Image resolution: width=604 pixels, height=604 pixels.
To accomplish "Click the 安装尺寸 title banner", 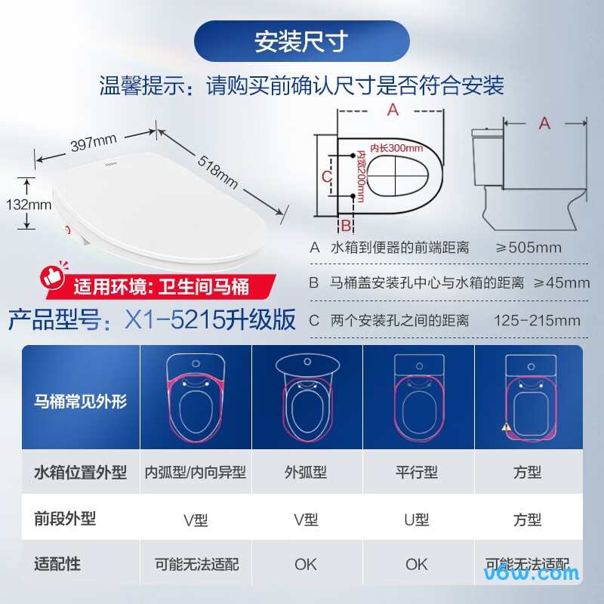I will pyautogui.click(x=302, y=42).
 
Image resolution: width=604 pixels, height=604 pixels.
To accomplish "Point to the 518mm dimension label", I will pyautogui.click(x=218, y=172).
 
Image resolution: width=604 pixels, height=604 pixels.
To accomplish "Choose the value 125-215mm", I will pyautogui.click(x=537, y=320).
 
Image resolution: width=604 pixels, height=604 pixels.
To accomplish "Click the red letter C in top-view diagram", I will pyautogui.click(x=327, y=176).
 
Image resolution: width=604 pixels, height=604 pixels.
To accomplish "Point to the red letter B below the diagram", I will pyautogui.click(x=345, y=225).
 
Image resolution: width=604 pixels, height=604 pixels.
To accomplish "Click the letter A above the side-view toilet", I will pyautogui.click(x=544, y=123).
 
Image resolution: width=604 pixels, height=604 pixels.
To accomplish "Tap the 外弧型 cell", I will pyautogui.click(x=306, y=473).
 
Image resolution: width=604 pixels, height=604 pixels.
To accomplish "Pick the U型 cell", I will pyautogui.click(x=417, y=519).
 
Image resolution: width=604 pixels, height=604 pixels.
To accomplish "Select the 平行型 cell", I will pyautogui.click(x=417, y=473).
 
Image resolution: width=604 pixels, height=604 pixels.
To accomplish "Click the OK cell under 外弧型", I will pyautogui.click(x=306, y=564).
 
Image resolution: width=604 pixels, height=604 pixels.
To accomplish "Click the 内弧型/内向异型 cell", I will pyautogui.click(x=196, y=473).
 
